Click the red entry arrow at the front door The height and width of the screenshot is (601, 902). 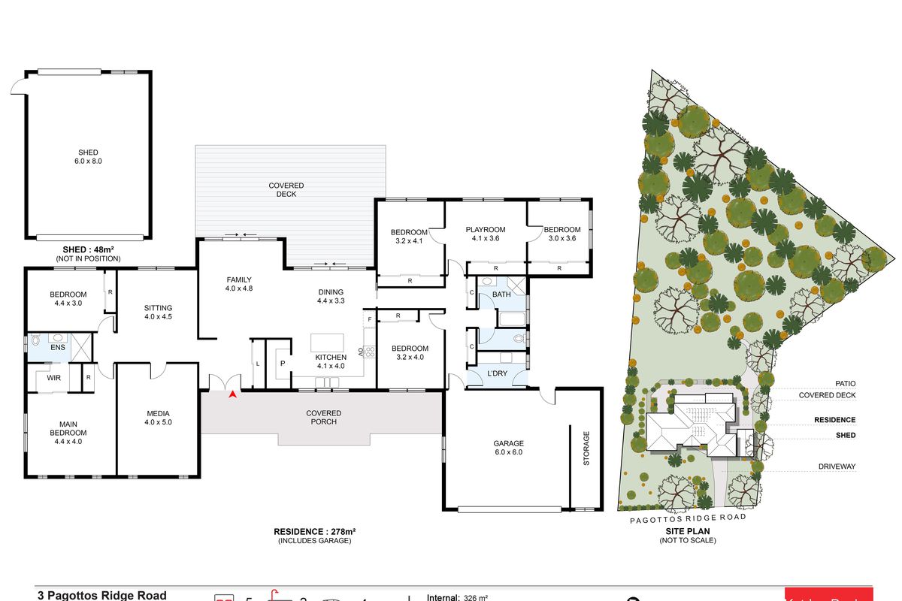[x=234, y=393]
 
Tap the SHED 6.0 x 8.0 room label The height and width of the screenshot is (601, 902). [x=88, y=157]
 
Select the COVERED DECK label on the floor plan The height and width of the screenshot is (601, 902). [x=286, y=189]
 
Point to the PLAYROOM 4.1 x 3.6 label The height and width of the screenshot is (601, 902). [x=485, y=234]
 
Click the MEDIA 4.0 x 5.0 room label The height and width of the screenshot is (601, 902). [x=158, y=418]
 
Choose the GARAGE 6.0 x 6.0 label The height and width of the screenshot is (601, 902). [x=508, y=448]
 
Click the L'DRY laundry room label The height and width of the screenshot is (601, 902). [x=497, y=373]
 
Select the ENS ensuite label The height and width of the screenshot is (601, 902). [x=58, y=348]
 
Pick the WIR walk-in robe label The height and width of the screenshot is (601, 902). [x=53, y=378]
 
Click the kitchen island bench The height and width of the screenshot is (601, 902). [x=328, y=343]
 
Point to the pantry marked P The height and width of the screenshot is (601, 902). [x=283, y=362]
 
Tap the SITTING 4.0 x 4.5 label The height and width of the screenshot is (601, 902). [x=158, y=312]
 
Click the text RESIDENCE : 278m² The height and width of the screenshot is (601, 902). [x=314, y=532]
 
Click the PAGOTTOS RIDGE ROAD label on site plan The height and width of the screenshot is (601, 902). [x=689, y=518]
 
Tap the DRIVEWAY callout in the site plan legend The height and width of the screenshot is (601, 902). [x=837, y=467]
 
